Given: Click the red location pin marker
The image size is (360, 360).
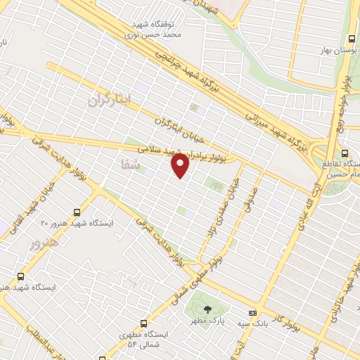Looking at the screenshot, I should point(181,165).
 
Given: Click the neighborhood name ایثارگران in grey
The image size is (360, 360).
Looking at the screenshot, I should point(110,99).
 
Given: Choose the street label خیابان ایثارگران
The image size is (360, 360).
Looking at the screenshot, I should point(179,127).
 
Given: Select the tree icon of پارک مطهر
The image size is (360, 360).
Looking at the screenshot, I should point(206,309).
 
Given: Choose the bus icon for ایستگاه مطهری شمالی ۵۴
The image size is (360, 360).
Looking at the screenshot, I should point(144,324).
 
